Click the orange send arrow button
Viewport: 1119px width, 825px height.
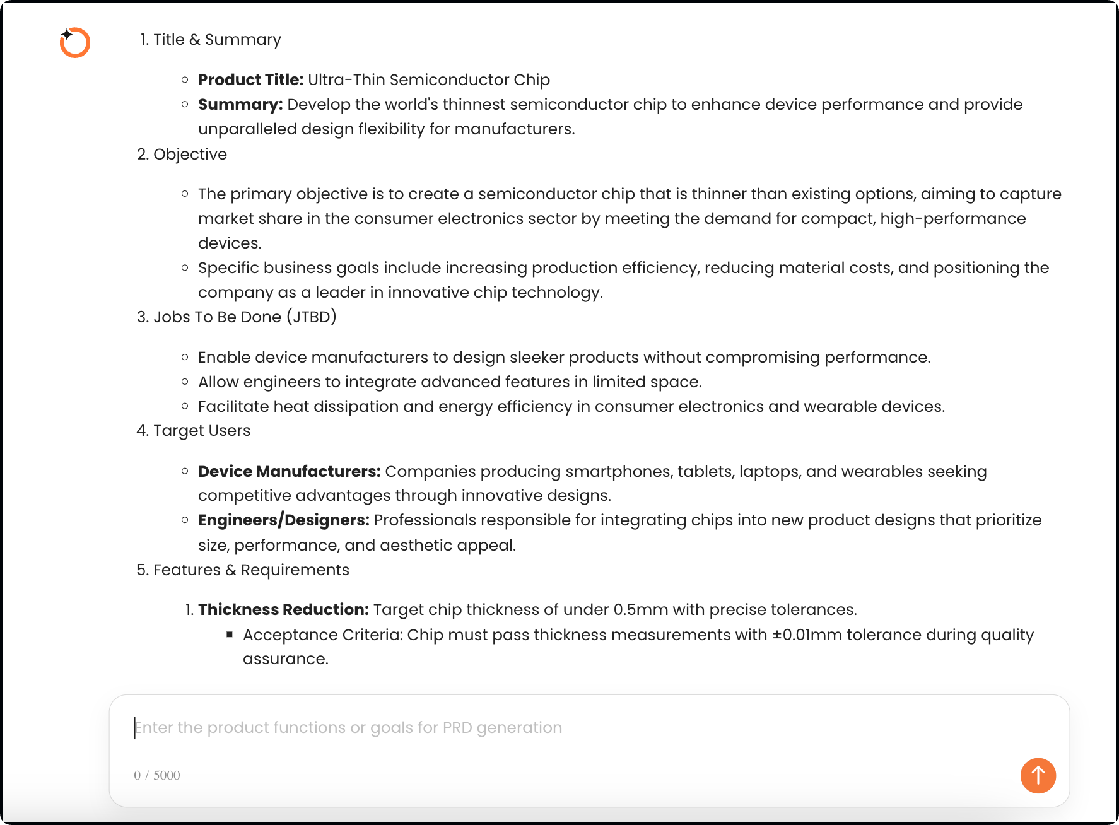(1038, 775)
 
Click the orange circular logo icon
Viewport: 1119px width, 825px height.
(75, 43)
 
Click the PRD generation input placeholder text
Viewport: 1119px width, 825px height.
(348, 727)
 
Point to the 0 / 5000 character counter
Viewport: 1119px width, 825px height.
(157, 775)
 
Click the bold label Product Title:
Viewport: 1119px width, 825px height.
(250, 80)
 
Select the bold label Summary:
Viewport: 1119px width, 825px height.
(240, 105)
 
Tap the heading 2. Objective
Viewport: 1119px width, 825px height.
(182, 155)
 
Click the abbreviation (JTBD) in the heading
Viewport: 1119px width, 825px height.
(312, 317)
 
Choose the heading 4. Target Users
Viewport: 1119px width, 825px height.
(194, 431)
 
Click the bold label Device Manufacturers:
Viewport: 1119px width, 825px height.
(289, 472)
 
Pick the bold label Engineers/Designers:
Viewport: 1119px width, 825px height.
(283, 520)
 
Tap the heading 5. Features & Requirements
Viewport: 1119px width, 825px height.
(243, 570)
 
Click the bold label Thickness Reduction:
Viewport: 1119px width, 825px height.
(283, 610)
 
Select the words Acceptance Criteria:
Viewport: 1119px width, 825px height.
(323, 635)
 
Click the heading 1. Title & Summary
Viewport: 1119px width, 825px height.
(211, 40)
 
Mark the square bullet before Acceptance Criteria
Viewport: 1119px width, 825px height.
(230, 635)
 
